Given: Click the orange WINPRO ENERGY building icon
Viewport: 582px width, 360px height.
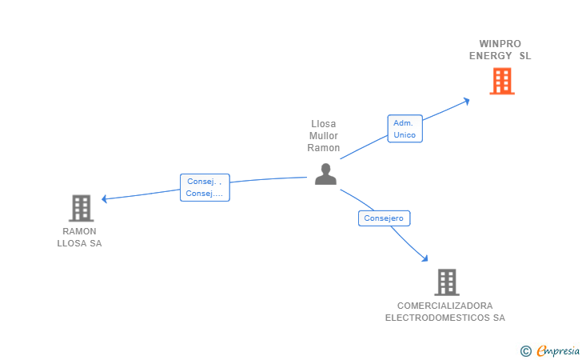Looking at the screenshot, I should pos(501,81).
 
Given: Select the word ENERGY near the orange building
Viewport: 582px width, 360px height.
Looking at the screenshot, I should pos(490,56).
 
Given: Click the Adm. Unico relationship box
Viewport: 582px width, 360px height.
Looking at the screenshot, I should pos(405,129).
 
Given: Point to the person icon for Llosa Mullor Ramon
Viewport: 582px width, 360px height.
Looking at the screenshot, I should pos(325,174).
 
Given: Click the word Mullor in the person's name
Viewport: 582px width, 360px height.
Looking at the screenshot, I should pos(324,136).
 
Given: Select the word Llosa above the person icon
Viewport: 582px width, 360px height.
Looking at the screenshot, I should pos(324,124).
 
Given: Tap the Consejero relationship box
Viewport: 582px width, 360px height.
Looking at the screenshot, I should pos(385,218).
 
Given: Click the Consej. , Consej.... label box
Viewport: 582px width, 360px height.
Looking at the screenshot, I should pos(205,187).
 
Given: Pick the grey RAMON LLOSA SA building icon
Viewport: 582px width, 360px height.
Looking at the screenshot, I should pos(81,208).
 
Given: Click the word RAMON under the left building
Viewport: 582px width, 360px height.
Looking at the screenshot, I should pos(79,231).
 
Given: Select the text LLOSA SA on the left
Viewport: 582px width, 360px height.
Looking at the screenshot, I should pos(79,243).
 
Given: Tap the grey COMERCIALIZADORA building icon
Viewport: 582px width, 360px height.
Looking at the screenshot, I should pos(446,282).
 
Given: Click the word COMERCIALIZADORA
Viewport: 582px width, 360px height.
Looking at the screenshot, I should pos(445,306).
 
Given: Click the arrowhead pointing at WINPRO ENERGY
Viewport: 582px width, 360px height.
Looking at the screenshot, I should pos(466,100).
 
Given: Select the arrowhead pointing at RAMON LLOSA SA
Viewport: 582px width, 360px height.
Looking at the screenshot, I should pos(105,198).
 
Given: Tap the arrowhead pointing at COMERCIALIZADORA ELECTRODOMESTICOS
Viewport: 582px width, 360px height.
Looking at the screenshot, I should pos(425,258).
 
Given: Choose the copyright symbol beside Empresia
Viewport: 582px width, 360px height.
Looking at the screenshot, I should pos(525,350).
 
